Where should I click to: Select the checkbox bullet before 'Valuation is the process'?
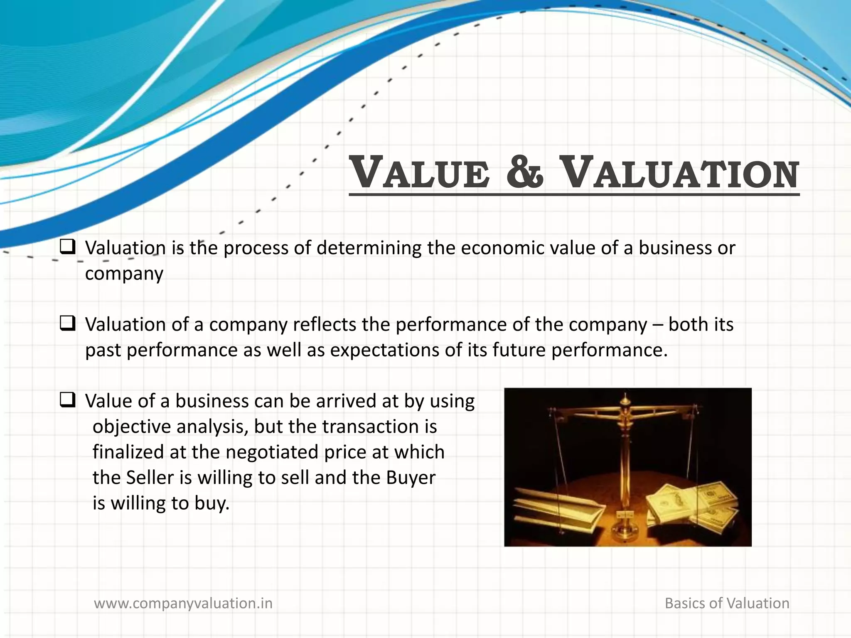pos(67,247)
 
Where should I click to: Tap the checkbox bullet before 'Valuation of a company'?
pos(67,324)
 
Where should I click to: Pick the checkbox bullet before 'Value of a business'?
pos(67,400)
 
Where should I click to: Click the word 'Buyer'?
pos(411,478)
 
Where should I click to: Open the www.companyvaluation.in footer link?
pos(183,603)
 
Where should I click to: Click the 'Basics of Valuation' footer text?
pos(727,603)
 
